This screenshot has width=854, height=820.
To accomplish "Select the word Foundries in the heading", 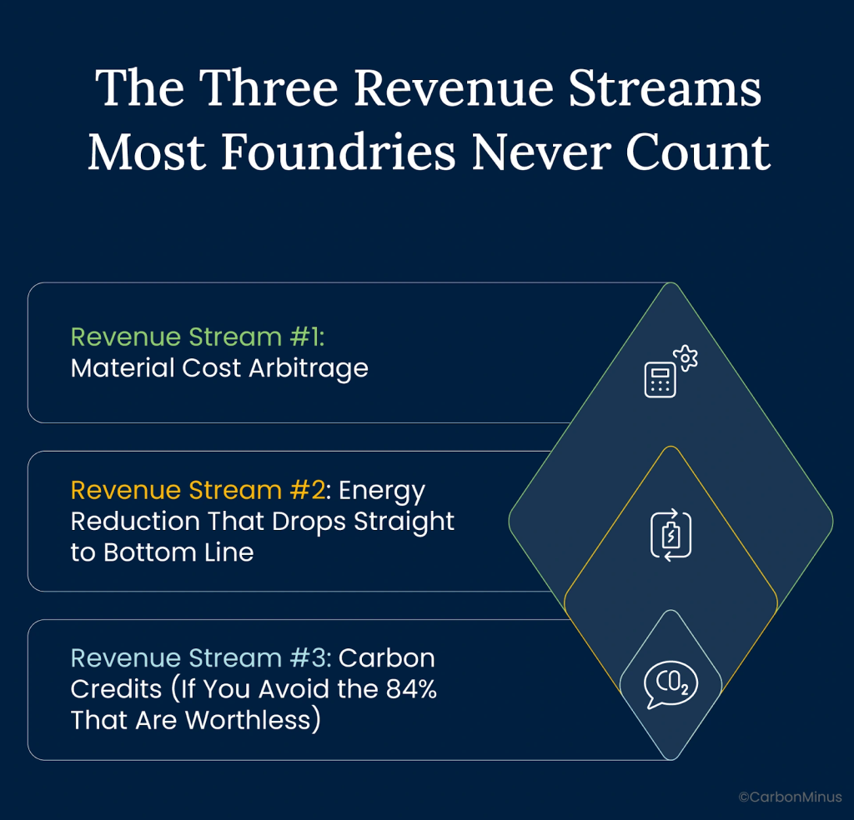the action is click(x=339, y=152).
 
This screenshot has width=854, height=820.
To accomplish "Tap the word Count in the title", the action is click(x=698, y=152).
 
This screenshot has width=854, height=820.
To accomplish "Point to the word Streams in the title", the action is click(x=665, y=87).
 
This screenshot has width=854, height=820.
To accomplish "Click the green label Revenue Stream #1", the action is click(x=197, y=337).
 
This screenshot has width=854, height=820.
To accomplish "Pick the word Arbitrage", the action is click(x=309, y=369).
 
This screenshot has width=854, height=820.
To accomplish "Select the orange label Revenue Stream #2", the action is click(x=198, y=490).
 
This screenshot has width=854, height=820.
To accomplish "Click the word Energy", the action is click(x=382, y=492).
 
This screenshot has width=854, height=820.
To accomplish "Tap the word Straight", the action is click(x=404, y=522).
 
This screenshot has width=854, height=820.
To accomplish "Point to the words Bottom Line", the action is click(x=178, y=552).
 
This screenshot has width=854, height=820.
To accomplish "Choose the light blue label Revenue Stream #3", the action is click(x=200, y=657).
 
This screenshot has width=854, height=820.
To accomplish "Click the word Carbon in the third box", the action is click(x=387, y=657).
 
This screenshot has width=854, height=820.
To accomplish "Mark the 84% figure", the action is click(x=411, y=689).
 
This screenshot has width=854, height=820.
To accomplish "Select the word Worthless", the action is click(x=248, y=720).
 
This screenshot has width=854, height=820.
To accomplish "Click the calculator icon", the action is click(x=661, y=379).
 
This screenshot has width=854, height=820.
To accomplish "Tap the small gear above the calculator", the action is click(x=686, y=358).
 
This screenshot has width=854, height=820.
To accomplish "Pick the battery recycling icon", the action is click(x=671, y=535).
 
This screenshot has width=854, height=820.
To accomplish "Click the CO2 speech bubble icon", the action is click(x=671, y=684).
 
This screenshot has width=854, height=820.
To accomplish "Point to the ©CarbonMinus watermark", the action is click(x=791, y=797).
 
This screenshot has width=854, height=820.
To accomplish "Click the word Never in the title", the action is click(x=540, y=152).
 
